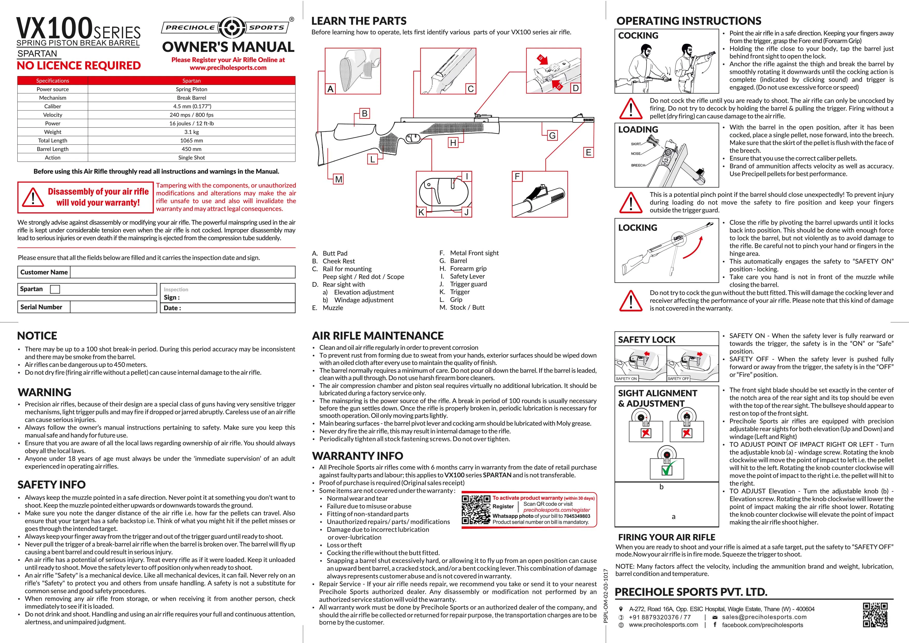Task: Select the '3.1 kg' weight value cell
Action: click(191, 132)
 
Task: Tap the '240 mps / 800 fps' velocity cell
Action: click(191, 115)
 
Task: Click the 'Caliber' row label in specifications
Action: click(53, 106)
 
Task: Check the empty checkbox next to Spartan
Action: click(55, 289)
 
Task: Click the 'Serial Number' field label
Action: click(41, 307)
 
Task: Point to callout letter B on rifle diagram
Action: click(364, 114)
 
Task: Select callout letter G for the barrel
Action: click(552, 135)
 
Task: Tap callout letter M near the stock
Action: click(339, 179)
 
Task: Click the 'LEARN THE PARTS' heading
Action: click(359, 21)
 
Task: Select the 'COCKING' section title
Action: click(638, 36)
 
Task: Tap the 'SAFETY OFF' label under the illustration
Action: click(678, 379)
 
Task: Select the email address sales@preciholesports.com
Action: click(764, 617)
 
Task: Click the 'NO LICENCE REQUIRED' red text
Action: click(79, 65)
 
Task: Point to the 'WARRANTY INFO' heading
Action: click(357, 456)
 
